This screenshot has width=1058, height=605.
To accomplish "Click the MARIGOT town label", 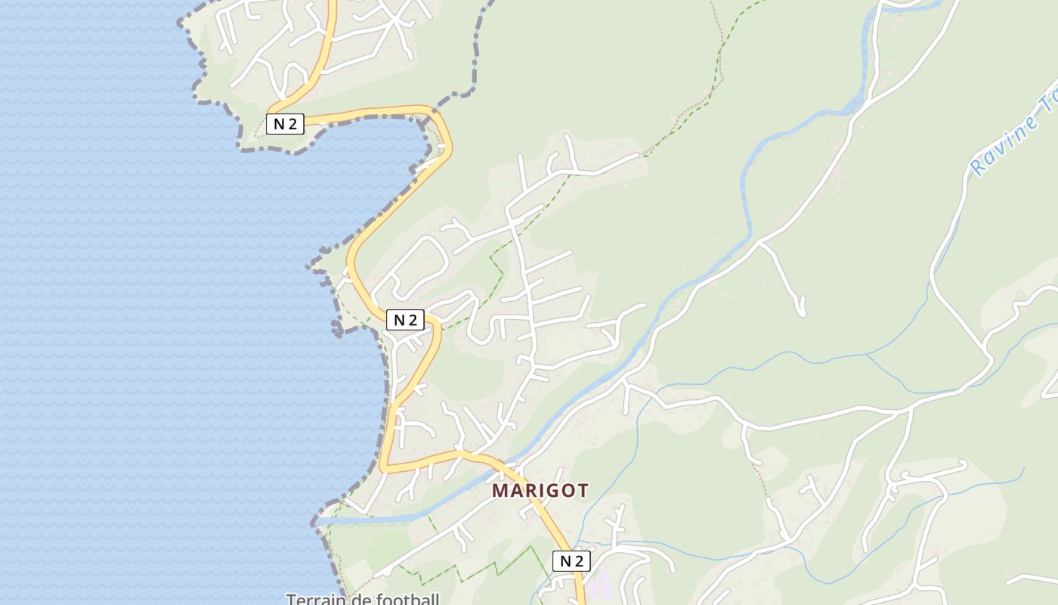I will click(x=540, y=490).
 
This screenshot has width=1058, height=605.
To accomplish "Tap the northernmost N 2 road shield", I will click(x=285, y=124).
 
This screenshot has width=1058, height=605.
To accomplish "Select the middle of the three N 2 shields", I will click(x=406, y=320).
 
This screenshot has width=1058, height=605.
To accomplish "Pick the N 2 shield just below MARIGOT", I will click(x=571, y=561).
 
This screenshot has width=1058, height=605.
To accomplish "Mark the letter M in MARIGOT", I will click(x=500, y=490).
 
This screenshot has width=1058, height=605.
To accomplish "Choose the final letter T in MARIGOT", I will click(x=582, y=490).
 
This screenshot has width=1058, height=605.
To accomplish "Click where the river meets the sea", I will click(x=317, y=521).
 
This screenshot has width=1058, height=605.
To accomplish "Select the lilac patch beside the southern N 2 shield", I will click(x=601, y=582).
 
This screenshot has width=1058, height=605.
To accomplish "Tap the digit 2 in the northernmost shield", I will click(x=292, y=124).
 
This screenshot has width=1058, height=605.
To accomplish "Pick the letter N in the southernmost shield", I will click(x=565, y=561).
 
